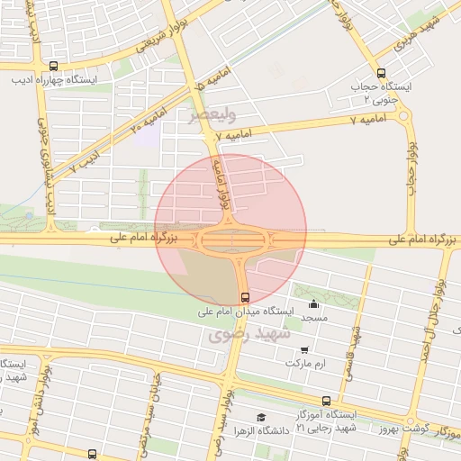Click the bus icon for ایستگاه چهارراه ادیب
53,66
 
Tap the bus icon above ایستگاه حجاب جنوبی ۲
381,74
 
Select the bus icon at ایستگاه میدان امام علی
244,297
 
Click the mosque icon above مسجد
313,304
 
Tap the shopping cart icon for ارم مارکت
304,349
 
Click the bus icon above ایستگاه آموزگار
326,401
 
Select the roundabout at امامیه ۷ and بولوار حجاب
402,115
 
